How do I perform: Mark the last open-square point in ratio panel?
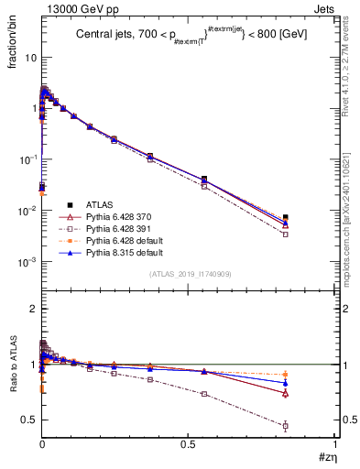pyautogui.click(x=286, y=426)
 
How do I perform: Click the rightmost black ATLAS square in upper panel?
pyautogui.click(x=286, y=217)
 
